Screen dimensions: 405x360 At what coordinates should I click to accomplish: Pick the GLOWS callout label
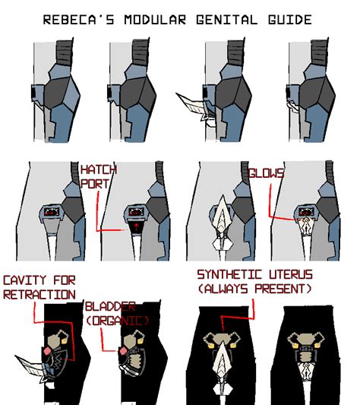pyautogui.click(x=266, y=174)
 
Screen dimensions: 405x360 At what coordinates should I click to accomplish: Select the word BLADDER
pyautogui.click(x=110, y=306)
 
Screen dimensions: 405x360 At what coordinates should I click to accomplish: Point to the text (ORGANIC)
pyautogui.click(x=118, y=320)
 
